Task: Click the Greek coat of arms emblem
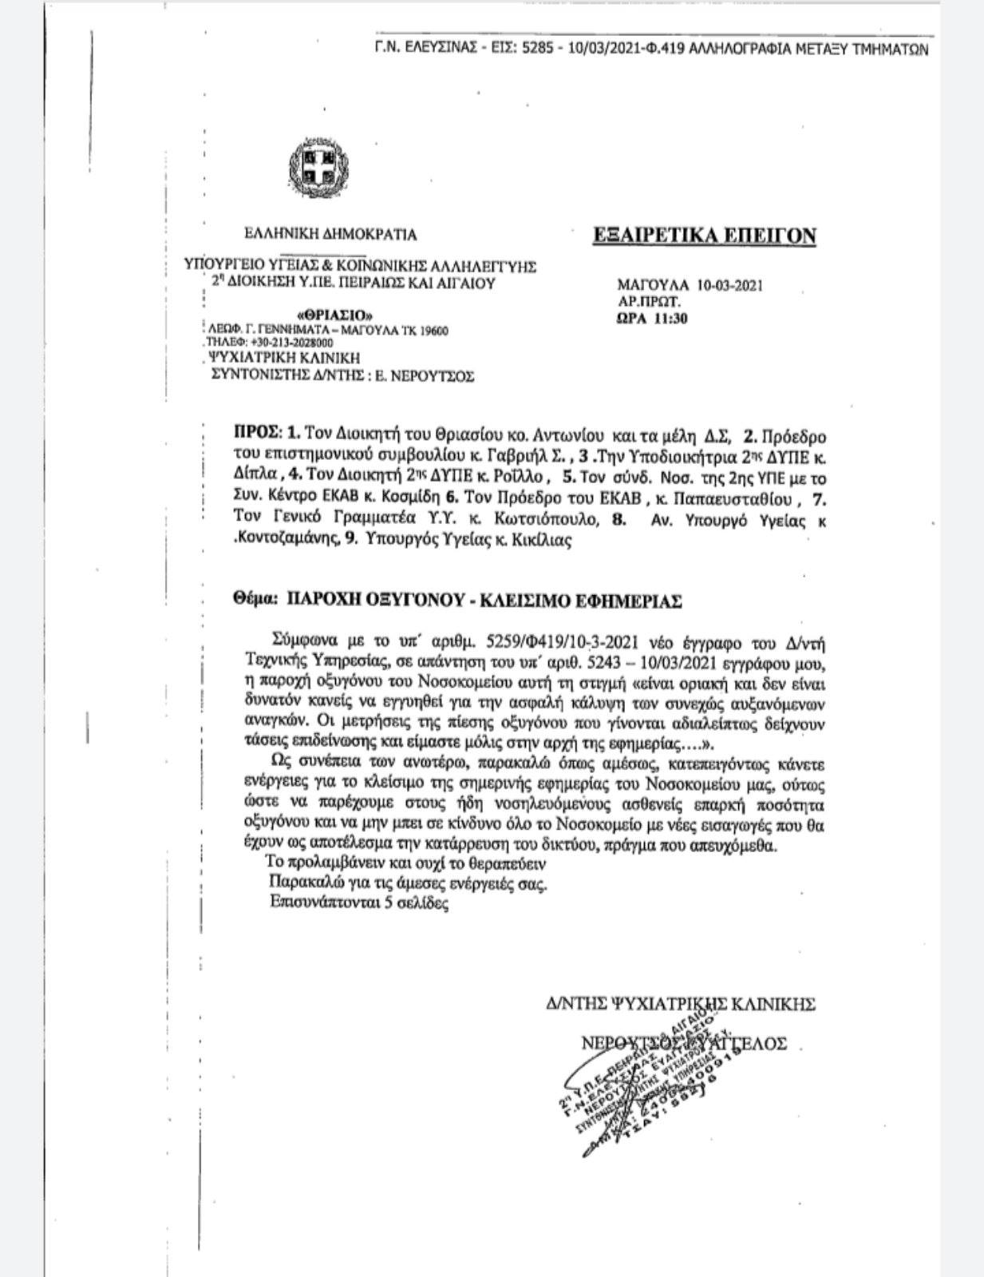pos(314,164)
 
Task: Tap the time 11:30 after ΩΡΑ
pos(670,319)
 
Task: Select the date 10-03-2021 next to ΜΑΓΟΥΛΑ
pos(730,285)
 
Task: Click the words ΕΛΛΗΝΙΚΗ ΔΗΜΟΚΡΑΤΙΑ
pos(330,235)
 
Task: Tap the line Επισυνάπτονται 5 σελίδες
pos(359,904)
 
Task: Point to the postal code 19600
pos(433,331)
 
